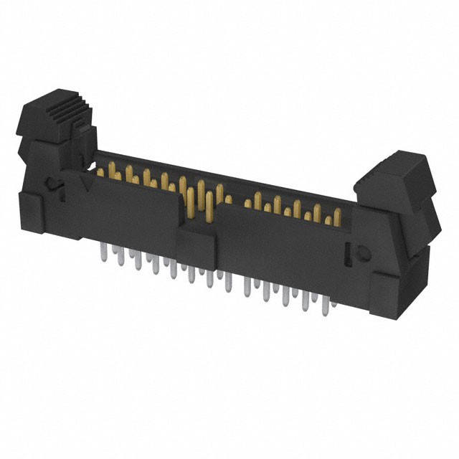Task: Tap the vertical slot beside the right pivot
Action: (349, 251)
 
